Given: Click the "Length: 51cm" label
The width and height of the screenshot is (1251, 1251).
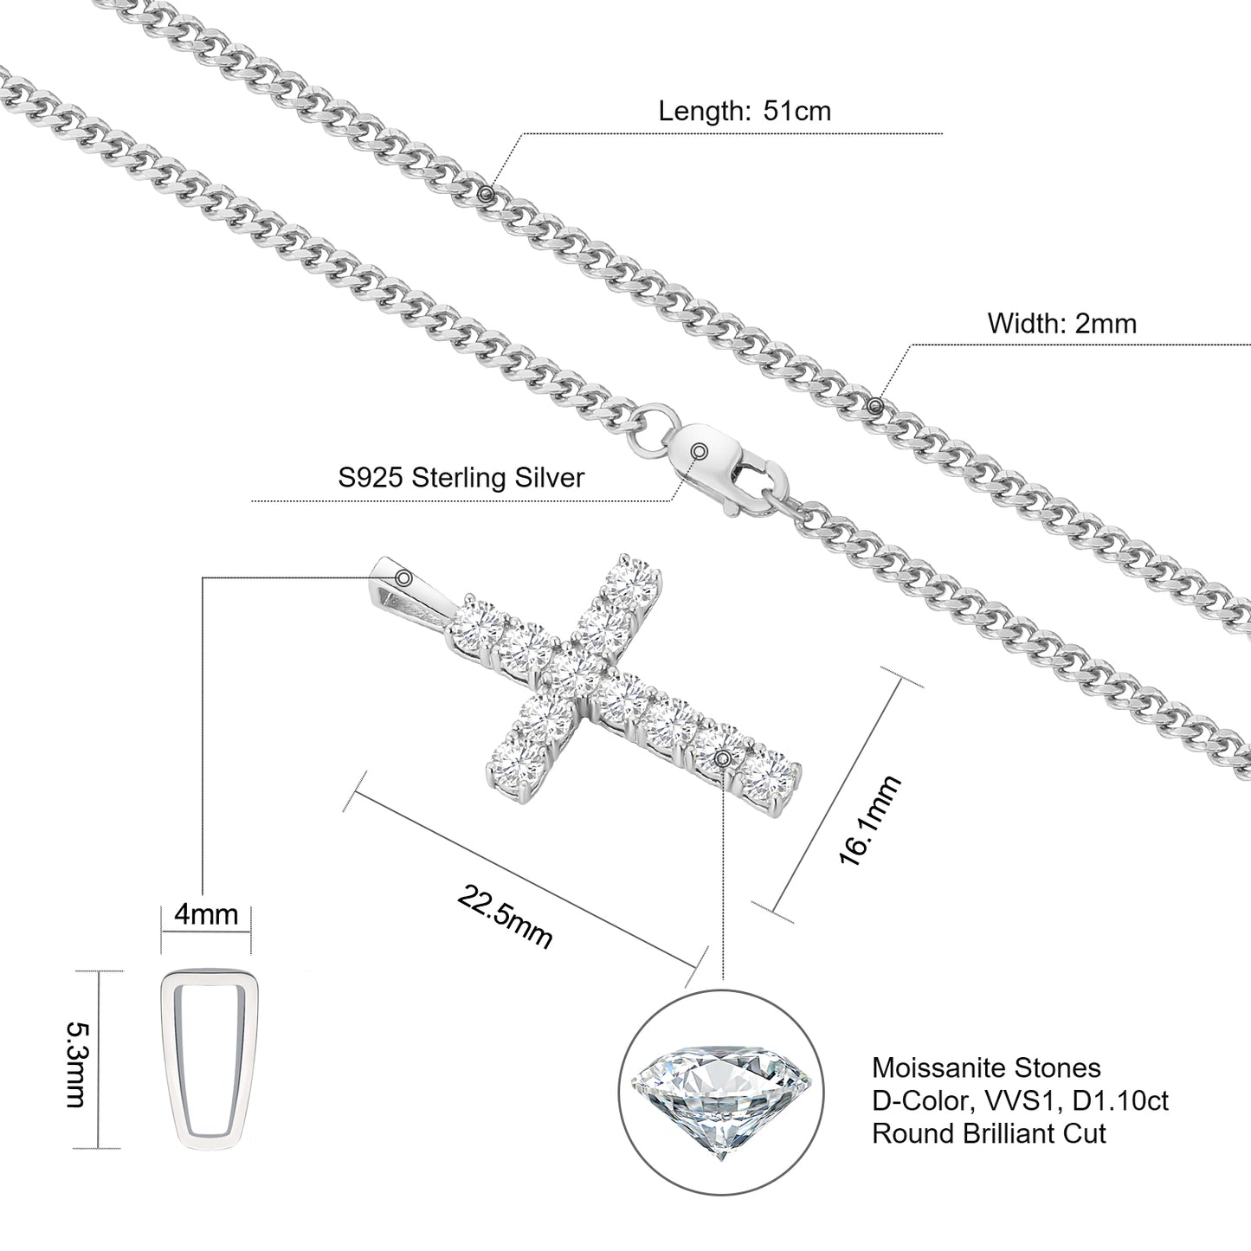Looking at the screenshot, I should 745,111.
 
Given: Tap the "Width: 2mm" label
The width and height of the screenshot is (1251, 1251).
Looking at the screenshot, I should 1061,323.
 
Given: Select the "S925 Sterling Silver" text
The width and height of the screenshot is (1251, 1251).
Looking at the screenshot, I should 461,477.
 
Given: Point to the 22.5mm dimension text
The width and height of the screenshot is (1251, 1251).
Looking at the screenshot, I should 505,918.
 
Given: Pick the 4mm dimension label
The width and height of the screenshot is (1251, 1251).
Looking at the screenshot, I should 206,913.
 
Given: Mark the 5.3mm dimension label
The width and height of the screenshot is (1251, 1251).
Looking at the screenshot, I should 77,1064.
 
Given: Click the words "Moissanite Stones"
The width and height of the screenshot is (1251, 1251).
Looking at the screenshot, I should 986,1067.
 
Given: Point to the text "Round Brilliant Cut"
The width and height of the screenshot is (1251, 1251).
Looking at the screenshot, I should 989,1133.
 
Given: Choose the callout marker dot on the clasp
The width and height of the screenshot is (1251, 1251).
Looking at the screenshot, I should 700,450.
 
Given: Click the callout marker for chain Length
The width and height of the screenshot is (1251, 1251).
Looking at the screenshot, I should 487,193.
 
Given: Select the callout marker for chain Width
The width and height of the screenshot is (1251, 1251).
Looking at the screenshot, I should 875,404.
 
